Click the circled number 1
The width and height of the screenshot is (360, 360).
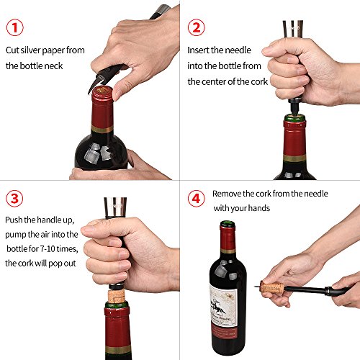[x=15, y=27]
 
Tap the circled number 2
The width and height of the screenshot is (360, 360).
[x=197, y=27]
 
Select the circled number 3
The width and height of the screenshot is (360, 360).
[x=14, y=199]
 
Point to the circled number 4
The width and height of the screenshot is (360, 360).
[x=197, y=199]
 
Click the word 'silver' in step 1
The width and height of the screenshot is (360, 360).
[x=30, y=50]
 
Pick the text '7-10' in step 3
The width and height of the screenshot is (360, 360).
[x=48, y=249]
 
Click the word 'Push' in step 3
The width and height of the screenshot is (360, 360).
[x=14, y=220]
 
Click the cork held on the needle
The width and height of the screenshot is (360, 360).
[x=272, y=287]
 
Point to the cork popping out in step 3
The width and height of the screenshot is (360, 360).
[x=117, y=297]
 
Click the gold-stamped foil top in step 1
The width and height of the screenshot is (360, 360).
[x=103, y=91]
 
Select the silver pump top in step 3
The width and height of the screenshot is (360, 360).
[x=115, y=207]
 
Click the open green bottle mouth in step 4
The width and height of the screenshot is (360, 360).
[x=228, y=224]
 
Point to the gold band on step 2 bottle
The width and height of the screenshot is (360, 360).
[x=294, y=158]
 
